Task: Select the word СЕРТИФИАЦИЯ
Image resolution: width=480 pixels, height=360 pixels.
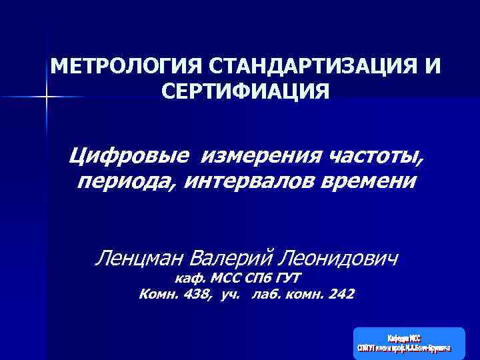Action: coord(245,91)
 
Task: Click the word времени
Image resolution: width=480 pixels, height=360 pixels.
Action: coord(372,181)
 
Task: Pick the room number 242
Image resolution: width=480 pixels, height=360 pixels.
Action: coord(341,294)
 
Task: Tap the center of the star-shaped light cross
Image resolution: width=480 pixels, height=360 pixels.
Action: coord(46,98)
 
